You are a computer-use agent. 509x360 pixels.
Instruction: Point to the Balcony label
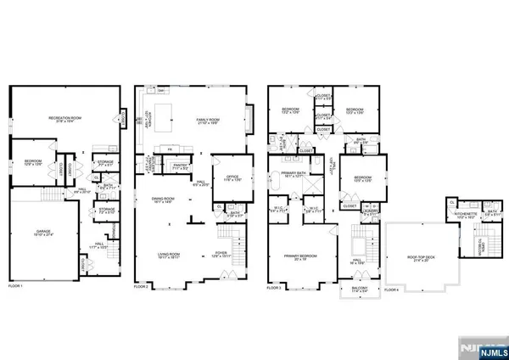pos(359,287)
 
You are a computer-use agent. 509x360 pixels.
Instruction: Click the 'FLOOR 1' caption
pos(19,289)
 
